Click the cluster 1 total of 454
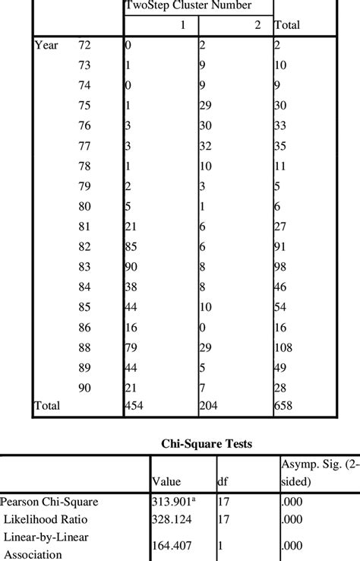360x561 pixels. (x=135, y=406)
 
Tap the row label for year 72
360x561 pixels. (x=85, y=46)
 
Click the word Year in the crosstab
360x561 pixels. (x=46, y=46)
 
